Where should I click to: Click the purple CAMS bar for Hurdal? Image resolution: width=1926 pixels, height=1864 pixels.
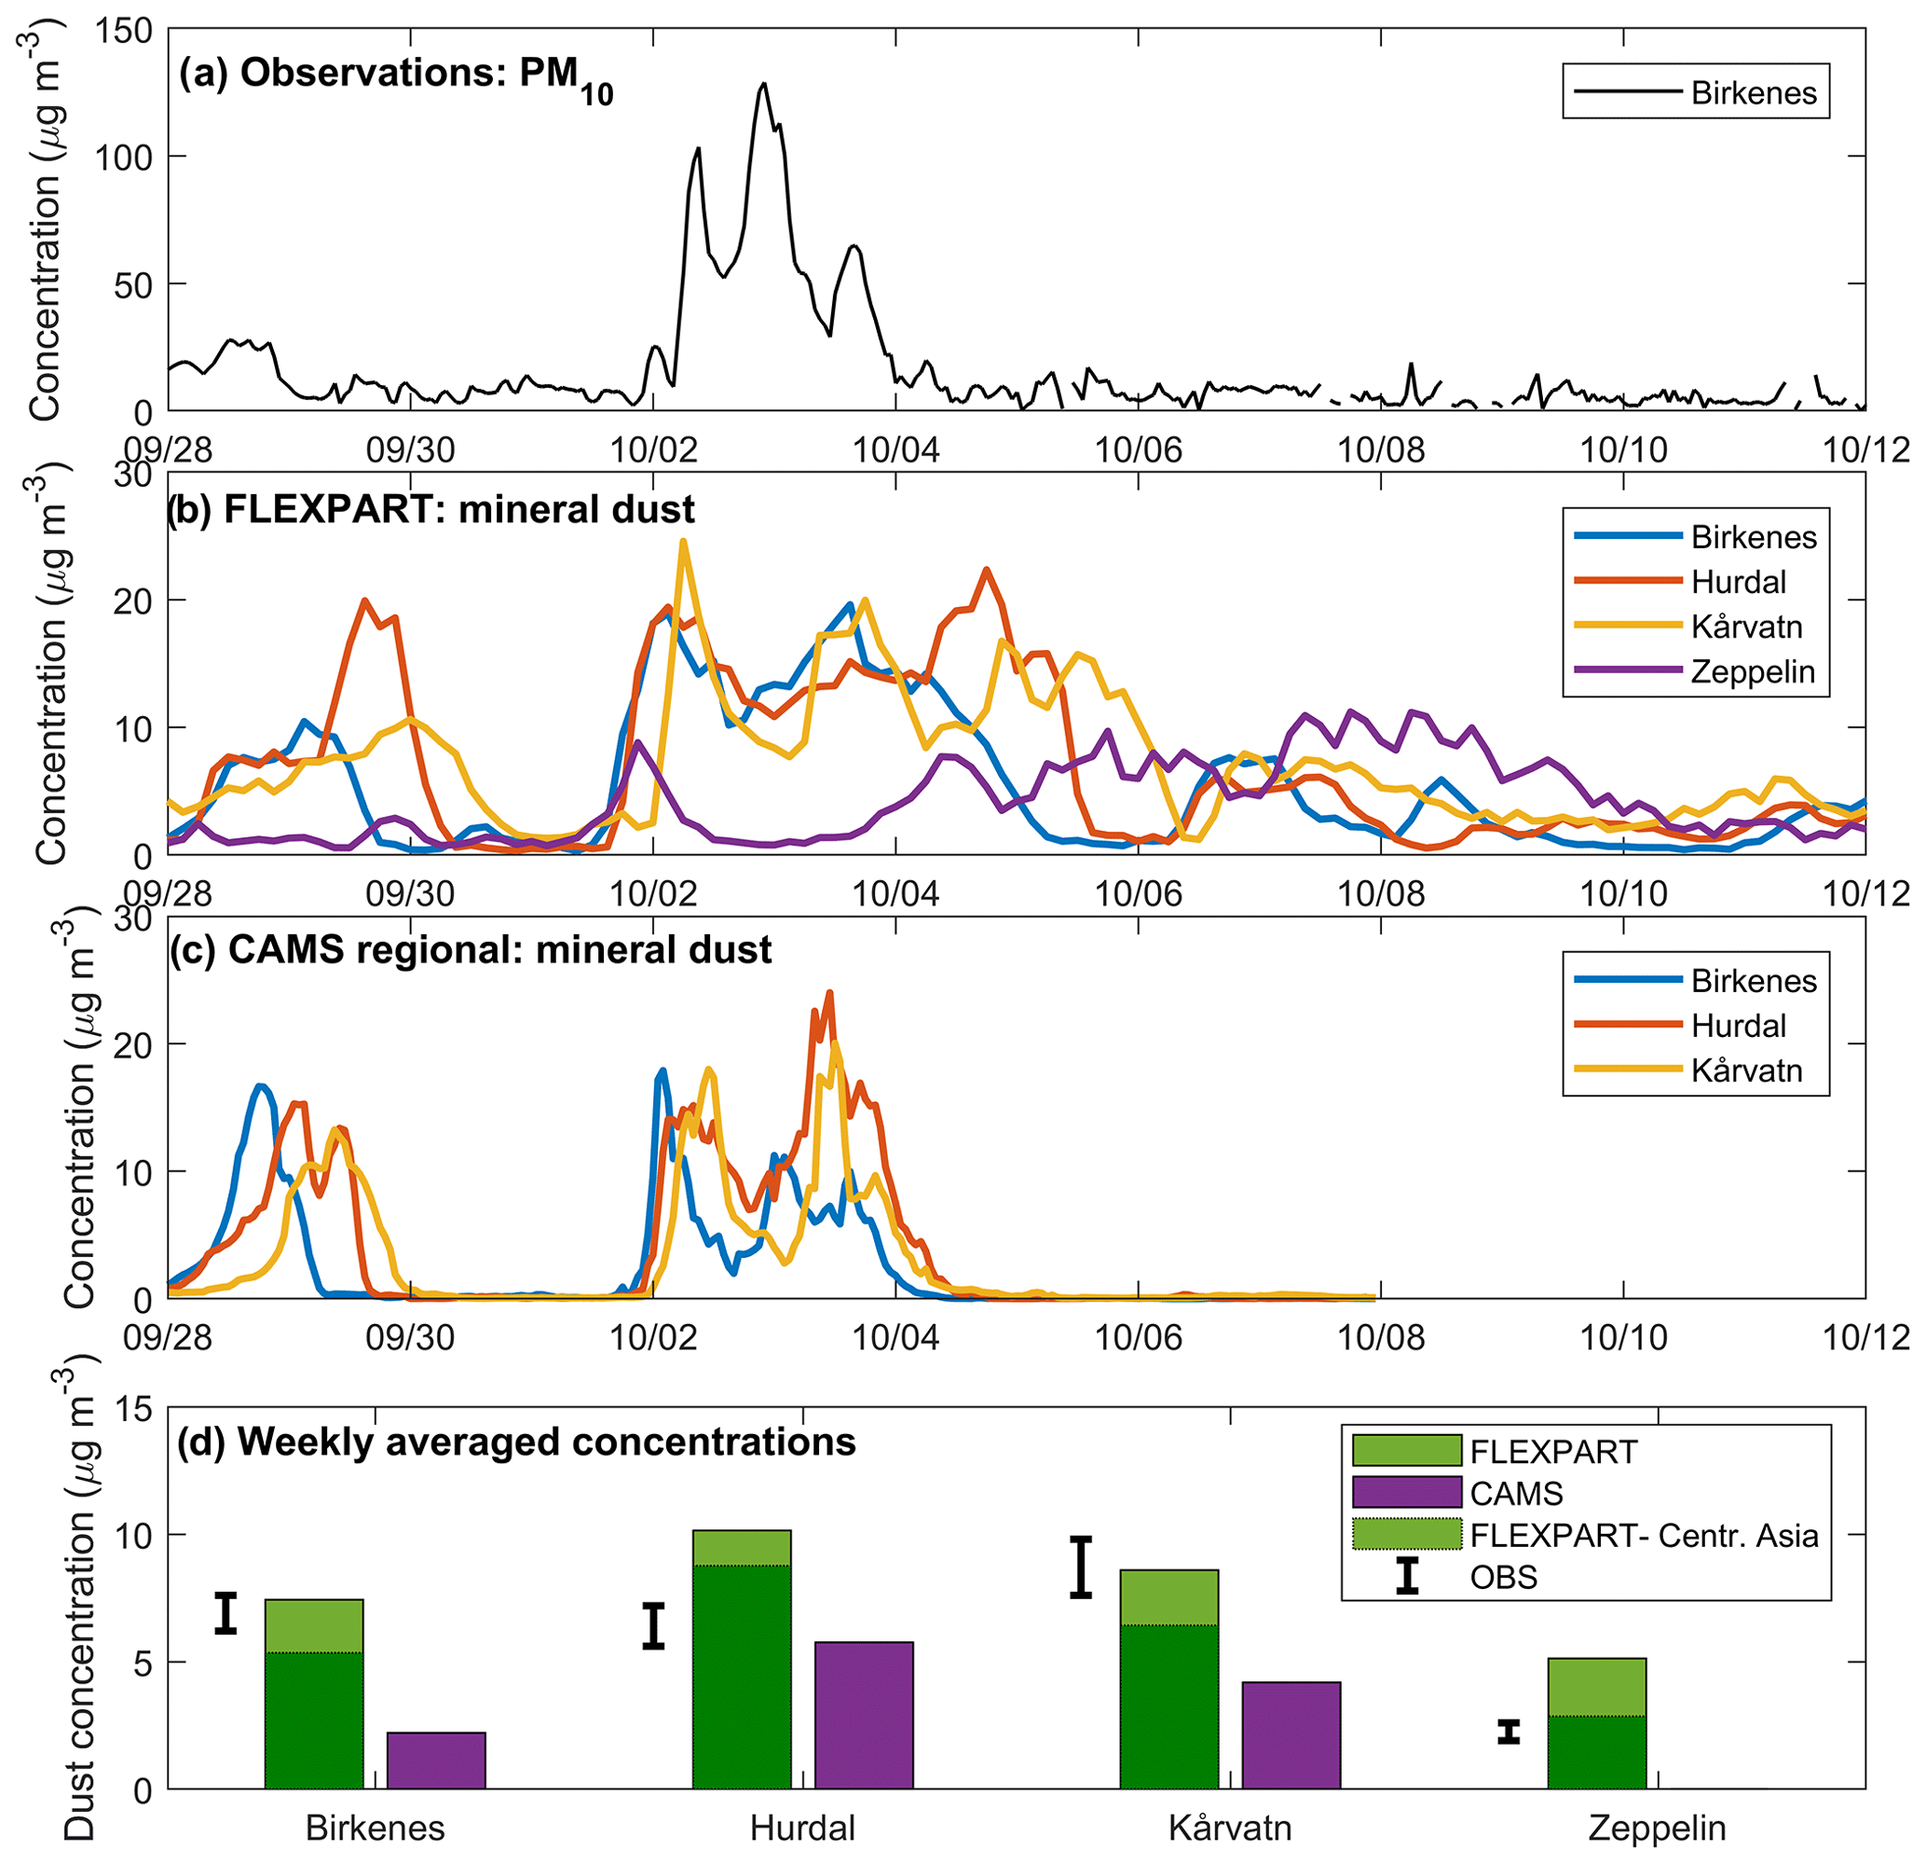tap(864, 1715)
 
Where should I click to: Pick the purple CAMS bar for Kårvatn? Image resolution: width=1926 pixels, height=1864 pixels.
tap(1291, 1735)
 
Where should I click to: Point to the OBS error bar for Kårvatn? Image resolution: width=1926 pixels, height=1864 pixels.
tap(1081, 1567)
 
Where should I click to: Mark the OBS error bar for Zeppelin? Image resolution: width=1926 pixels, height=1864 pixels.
tap(1509, 1732)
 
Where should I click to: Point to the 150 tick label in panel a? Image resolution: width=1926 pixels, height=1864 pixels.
tap(124, 31)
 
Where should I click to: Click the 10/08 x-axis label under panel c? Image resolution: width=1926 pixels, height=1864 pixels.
tap(1381, 1338)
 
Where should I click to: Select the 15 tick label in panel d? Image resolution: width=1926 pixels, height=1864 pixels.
tap(133, 1410)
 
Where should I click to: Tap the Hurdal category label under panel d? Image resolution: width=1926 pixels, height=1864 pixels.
tap(802, 1828)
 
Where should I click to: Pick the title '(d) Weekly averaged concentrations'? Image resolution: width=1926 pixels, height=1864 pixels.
tap(516, 1442)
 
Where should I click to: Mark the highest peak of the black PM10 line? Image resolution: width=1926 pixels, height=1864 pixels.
tap(763, 85)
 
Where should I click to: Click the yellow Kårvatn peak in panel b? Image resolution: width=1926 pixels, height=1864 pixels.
tap(683, 542)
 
